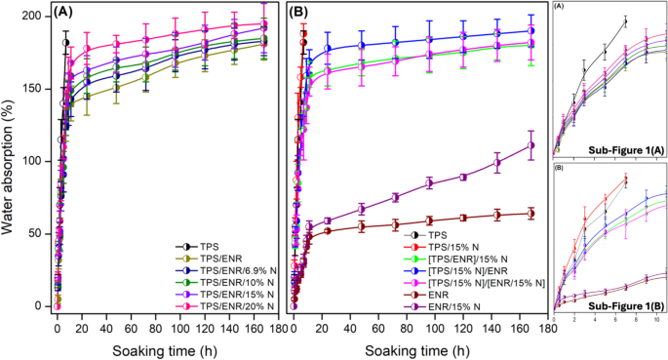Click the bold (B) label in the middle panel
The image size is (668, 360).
click(303, 13)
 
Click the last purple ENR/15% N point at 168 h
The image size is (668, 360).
click(530, 145)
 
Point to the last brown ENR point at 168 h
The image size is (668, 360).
click(530, 213)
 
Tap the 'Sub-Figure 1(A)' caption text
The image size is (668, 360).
click(627, 149)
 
